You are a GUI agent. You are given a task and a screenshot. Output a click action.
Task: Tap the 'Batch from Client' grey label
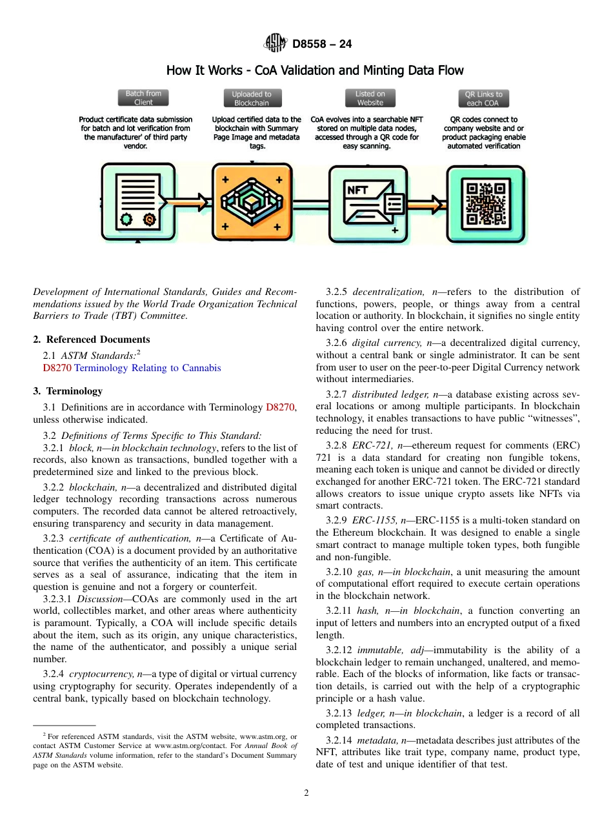pyautogui.click(x=143, y=98)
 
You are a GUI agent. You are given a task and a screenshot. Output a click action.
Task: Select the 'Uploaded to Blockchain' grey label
pyautogui.click(x=252, y=98)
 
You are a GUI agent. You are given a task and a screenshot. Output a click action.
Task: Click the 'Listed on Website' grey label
pyautogui.click(x=370, y=98)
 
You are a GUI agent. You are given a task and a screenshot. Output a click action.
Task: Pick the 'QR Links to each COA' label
pyautogui.click(x=483, y=98)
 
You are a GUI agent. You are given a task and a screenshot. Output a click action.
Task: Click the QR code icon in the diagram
pyautogui.click(x=486, y=204)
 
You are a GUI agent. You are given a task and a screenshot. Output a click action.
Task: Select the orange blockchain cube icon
pyautogui.click(x=251, y=203)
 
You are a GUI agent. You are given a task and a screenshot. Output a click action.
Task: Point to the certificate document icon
pyautogui.click(x=137, y=202)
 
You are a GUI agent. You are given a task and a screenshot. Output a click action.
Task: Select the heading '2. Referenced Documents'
pyautogui.click(x=92, y=340)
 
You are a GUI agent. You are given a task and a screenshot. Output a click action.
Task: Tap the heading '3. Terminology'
pyautogui.click(x=68, y=391)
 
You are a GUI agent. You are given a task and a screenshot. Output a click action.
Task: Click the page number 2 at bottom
pyautogui.click(x=306, y=793)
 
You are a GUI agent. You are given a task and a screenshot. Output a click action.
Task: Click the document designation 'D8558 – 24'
pyautogui.click(x=322, y=45)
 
